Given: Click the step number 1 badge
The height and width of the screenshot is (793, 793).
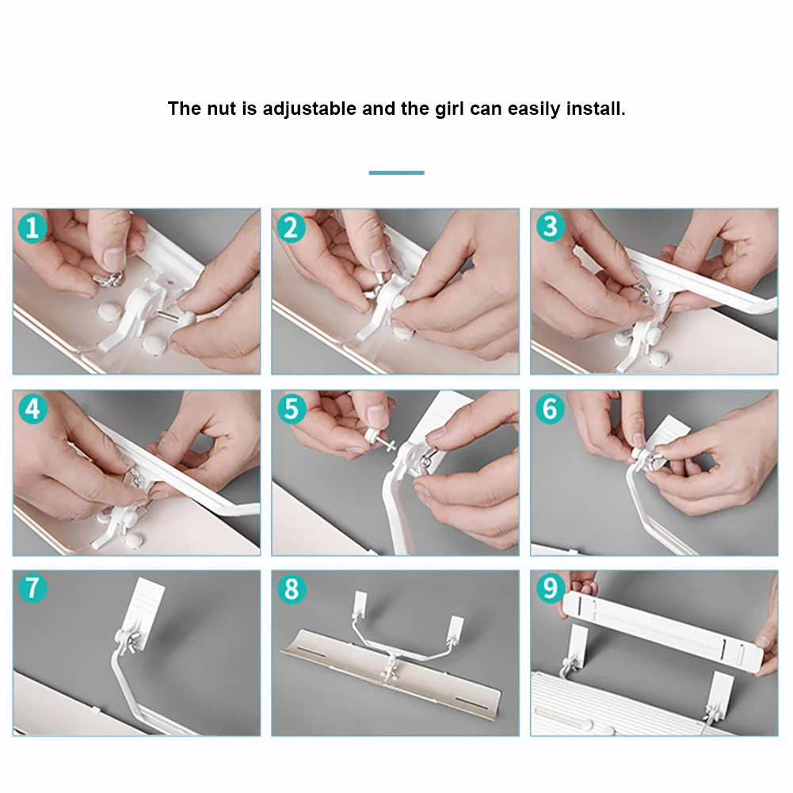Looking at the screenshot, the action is click(x=32, y=227).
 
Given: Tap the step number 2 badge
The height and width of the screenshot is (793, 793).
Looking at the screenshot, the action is click(x=292, y=227).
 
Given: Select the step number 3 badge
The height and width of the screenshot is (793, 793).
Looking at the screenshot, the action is click(x=551, y=227).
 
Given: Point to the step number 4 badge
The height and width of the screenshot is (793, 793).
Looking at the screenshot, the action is click(x=32, y=409).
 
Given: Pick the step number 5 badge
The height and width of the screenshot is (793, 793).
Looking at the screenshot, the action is click(x=292, y=409).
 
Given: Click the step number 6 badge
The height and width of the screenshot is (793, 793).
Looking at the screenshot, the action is click(x=551, y=409).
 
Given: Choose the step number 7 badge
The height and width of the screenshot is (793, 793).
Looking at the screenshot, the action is click(x=32, y=588).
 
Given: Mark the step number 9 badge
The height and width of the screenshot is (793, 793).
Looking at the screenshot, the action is click(x=551, y=588).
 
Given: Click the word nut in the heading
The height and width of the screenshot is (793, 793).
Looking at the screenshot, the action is click(x=222, y=109).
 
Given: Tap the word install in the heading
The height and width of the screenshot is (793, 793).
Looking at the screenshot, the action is click(x=595, y=109).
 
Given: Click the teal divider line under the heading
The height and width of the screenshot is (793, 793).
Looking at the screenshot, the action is click(x=396, y=173).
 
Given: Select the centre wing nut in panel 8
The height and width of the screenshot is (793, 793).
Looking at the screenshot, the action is click(x=391, y=671).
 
